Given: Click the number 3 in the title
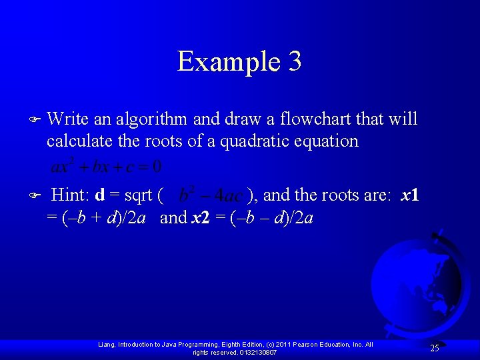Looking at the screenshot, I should pos(295,61).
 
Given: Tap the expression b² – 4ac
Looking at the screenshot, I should pos(210,195).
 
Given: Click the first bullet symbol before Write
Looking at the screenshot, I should pos(36,120).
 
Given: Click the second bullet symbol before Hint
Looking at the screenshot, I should pos(36,196).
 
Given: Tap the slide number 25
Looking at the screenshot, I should pos(434,348).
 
